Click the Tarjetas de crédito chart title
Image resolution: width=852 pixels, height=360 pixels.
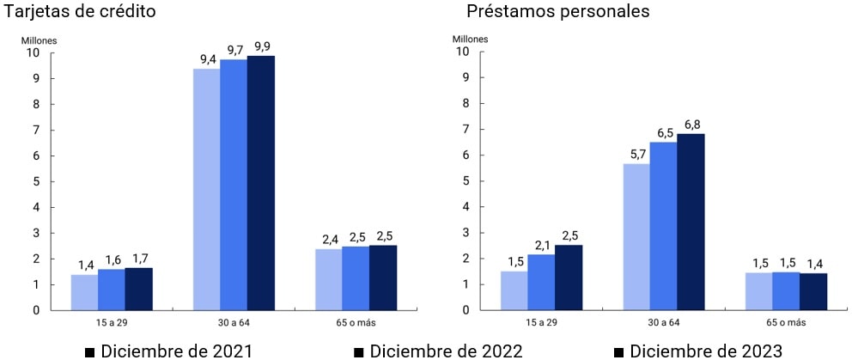tap(80, 12)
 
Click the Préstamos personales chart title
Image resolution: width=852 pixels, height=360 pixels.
tap(558, 12)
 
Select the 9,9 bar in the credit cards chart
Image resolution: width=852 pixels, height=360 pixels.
tap(261, 183)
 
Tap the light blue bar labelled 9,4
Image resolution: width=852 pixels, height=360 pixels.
tap(206, 189)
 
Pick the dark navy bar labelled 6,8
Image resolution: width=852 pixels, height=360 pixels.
tap(691, 222)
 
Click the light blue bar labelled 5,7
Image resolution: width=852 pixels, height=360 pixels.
tap(636, 236)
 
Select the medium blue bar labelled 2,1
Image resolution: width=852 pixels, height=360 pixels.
tap(541, 282)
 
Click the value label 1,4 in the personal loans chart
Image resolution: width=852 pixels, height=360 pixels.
tap(812, 263)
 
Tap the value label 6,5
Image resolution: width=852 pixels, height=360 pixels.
tap(663, 133)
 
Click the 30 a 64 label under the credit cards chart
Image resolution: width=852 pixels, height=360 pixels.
tap(234, 322)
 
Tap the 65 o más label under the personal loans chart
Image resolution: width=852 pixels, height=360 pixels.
tap(785, 322)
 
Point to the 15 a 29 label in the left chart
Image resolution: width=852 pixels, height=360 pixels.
tap(112, 322)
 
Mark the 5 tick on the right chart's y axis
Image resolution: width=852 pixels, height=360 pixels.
tap(465, 181)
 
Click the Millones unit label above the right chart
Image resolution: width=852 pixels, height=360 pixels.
tap(470, 39)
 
